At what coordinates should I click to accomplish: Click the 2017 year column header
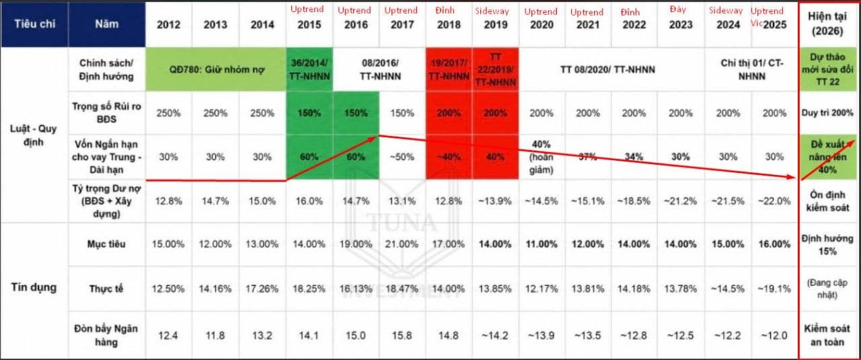[402, 25]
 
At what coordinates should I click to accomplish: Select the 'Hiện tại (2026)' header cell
[827, 24]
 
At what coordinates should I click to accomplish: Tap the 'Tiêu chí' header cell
[34, 24]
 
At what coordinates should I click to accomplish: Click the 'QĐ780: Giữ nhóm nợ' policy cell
[216, 69]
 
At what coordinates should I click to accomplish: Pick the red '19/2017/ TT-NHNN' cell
[449, 69]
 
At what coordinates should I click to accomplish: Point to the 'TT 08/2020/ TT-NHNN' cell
[607, 69]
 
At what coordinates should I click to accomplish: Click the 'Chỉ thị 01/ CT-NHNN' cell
[751, 69]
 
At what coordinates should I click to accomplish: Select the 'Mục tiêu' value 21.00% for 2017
[402, 244]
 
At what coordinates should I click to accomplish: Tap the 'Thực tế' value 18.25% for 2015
[309, 289]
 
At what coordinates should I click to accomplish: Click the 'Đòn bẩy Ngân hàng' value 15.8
[402, 335]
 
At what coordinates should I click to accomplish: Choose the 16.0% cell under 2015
[309, 201]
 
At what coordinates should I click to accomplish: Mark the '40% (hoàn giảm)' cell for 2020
[541, 157]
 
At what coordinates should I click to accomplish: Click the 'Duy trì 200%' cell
[827, 113]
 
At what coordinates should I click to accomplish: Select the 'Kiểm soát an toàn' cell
[827, 335]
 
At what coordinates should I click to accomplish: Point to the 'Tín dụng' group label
[34, 287]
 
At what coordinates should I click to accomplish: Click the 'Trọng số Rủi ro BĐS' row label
[106, 112]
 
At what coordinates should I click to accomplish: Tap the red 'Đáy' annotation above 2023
[677, 9]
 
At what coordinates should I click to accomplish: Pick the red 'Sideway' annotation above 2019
[492, 11]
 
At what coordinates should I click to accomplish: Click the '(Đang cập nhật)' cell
[827, 289]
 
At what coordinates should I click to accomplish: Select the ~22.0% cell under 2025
[774, 201]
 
